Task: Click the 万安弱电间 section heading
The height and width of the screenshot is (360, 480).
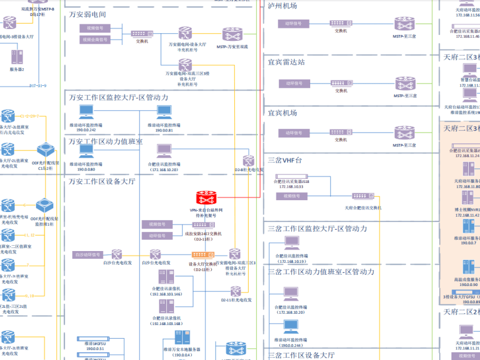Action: pos(88,13)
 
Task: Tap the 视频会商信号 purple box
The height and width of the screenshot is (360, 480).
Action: pos(95,40)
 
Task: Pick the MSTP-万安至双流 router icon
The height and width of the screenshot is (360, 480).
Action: pos(232,34)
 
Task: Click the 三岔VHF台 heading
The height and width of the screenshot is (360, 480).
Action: pos(289,159)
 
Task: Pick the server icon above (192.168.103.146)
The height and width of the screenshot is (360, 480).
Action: pos(166,278)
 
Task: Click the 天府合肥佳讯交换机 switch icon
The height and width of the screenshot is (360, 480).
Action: pos(359,196)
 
